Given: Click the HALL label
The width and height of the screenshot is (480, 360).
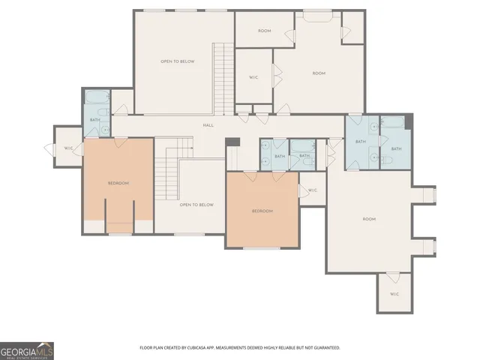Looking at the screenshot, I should point(208,125).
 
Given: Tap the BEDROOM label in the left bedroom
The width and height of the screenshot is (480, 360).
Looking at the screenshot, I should point(118,183).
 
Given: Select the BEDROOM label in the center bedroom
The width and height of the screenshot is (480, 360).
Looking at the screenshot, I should point(262,211).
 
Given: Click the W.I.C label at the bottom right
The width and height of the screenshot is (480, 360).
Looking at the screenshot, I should point(394,293).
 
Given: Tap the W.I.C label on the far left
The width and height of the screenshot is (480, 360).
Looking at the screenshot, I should point(68,148).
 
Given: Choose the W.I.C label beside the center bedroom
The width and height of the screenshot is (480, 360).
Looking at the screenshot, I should point(312,190).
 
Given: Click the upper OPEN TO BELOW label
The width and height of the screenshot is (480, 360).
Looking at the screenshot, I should point(178,61).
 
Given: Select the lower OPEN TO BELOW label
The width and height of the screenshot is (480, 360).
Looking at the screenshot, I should point(196,205).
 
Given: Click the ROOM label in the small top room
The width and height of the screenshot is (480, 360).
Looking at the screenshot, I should point(264,31).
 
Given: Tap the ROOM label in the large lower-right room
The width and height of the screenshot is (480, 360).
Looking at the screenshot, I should point(368,219).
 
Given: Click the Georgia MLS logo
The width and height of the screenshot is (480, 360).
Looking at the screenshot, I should point(27,350).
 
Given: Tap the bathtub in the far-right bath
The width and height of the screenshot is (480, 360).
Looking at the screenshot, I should point(392,122).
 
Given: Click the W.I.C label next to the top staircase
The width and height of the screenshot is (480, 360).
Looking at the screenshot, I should point(253,76).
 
